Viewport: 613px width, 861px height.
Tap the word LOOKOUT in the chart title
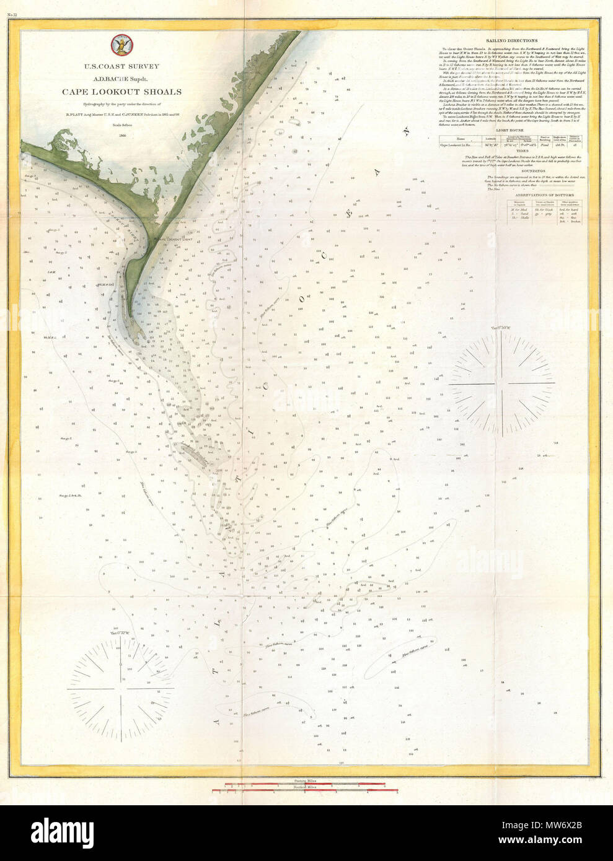point(122,92)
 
